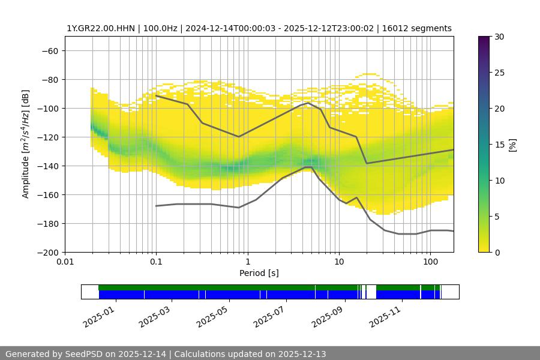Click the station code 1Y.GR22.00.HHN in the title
pyautogui.click(x=101, y=28)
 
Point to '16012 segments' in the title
pyautogui.click(x=420, y=28)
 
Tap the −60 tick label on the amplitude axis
pyautogui.click(x=50, y=50)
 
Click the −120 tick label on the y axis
pyautogui.click(x=47, y=137)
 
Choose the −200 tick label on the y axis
pyautogui.click(x=47, y=252)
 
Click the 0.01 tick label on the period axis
pyautogui.click(x=65, y=262)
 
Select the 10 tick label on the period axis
pyautogui.click(x=338, y=262)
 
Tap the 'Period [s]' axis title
pyautogui.click(x=259, y=273)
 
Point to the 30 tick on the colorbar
pyautogui.click(x=499, y=37)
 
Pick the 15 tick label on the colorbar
pyautogui.click(x=499, y=145)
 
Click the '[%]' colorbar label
pyautogui.click(x=512, y=145)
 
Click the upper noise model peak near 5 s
pyautogui.click(x=308, y=103)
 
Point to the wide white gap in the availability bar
pyautogui.click(x=371, y=292)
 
